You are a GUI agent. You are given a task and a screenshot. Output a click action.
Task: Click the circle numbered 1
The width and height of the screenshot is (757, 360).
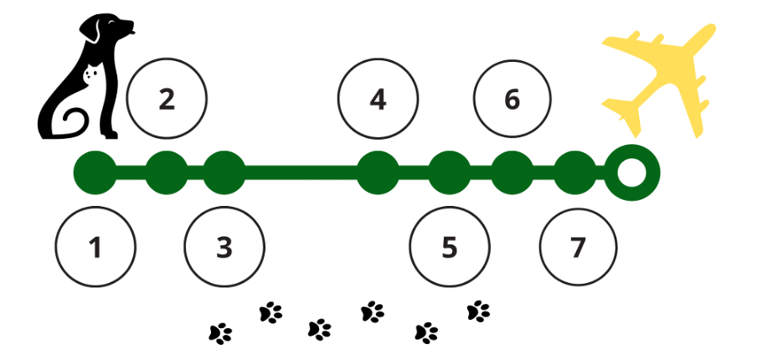point(95,247)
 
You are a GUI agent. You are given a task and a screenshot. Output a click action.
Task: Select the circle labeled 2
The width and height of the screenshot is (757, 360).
point(167,100)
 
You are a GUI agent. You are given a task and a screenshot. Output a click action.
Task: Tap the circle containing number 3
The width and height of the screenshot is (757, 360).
point(224,247)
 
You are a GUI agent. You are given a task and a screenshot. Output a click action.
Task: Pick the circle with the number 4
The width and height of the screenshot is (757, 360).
point(378,100)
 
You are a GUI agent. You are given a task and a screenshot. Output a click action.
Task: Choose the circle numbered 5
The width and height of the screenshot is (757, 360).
point(449,247)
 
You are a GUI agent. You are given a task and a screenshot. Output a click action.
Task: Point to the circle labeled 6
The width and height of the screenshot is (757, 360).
point(512,100)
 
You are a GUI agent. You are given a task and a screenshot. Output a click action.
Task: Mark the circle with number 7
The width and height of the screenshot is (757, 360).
point(578,247)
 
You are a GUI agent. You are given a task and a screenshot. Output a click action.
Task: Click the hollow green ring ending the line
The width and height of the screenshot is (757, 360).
point(632,173)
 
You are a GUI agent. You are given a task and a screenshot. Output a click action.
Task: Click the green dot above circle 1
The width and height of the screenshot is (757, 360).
point(95,173)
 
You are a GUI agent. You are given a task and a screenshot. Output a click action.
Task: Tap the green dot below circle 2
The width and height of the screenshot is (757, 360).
point(167,173)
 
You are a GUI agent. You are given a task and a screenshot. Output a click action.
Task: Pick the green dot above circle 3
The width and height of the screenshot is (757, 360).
point(224,173)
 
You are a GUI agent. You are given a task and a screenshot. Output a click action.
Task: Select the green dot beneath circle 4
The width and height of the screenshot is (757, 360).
point(378,173)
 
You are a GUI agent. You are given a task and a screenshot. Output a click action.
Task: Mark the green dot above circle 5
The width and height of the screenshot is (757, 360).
point(449,173)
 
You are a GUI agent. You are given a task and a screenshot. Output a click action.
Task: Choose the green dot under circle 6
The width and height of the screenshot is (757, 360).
point(512,173)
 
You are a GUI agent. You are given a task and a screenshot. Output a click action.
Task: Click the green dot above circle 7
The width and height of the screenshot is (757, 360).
point(574,173)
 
